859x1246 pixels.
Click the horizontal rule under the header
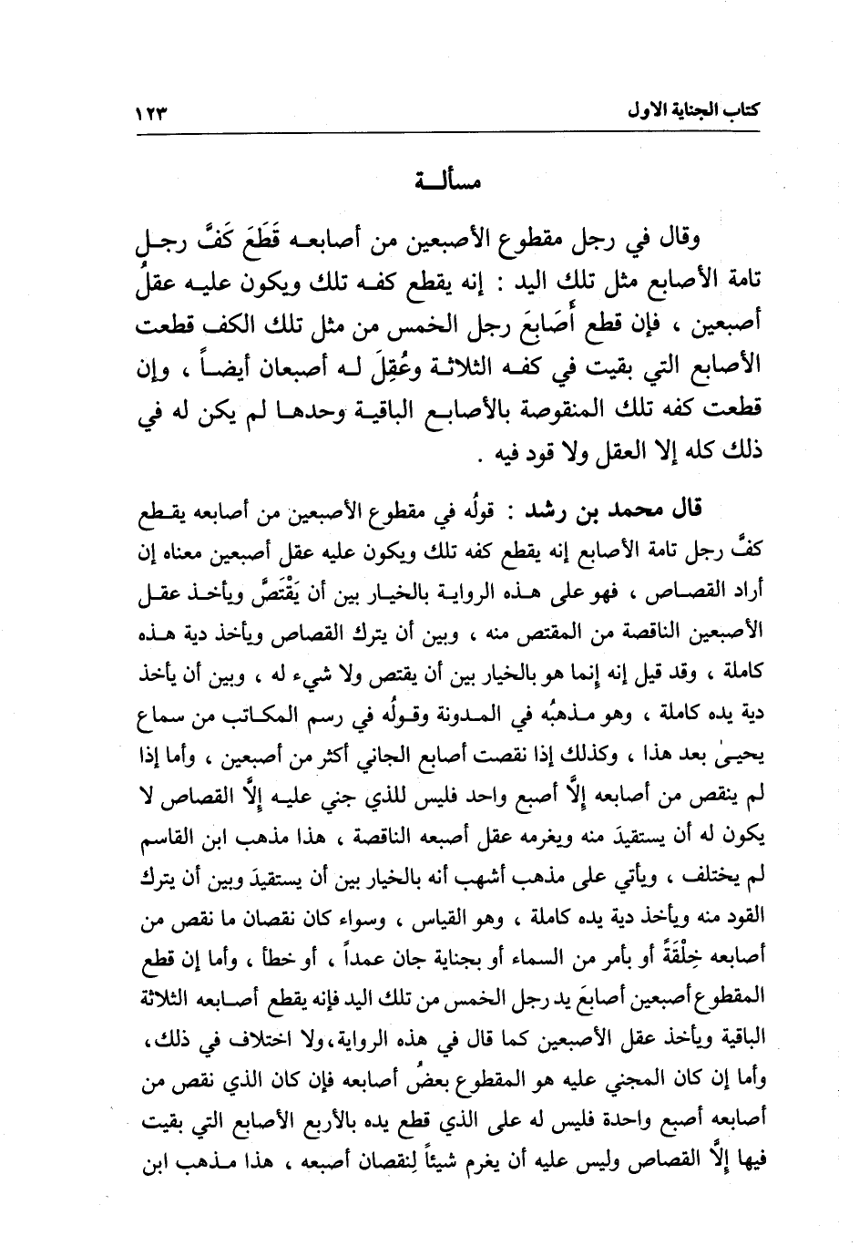[x=447, y=134]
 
